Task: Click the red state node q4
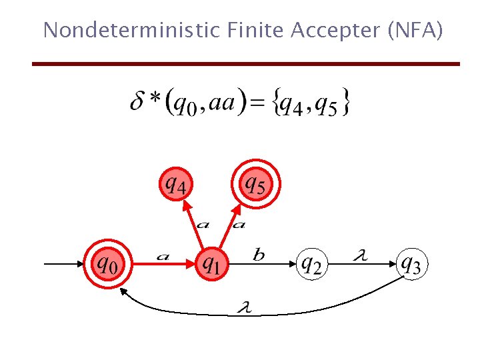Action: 176,183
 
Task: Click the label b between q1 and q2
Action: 259,254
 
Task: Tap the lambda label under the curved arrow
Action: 246,307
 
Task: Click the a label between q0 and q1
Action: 162,255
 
